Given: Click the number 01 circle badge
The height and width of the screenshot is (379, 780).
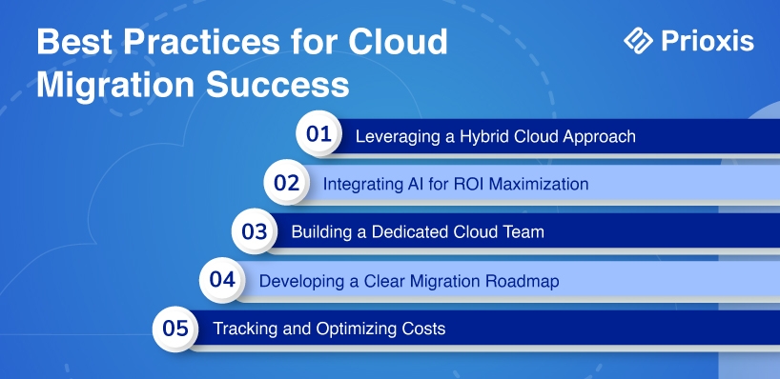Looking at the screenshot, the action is click(x=318, y=133).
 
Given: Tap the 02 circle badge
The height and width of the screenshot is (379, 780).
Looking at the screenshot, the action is click(x=286, y=182).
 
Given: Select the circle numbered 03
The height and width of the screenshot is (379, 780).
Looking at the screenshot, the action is click(x=255, y=231).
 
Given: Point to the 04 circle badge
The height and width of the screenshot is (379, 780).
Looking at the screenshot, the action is click(x=222, y=280).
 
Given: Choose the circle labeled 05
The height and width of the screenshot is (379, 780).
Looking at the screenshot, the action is click(x=175, y=329).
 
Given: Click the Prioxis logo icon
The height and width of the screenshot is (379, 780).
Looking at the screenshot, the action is click(x=638, y=40).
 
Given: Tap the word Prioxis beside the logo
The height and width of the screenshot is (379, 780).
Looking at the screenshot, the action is click(x=708, y=41).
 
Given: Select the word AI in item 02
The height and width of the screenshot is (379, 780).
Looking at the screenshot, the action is click(x=397, y=185).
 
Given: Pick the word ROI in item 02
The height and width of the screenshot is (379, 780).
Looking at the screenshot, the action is click(x=468, y=185).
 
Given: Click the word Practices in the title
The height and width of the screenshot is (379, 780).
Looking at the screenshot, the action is click(x=201, y=42).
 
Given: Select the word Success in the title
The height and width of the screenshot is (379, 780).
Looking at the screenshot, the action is click(x=277, y=85).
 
